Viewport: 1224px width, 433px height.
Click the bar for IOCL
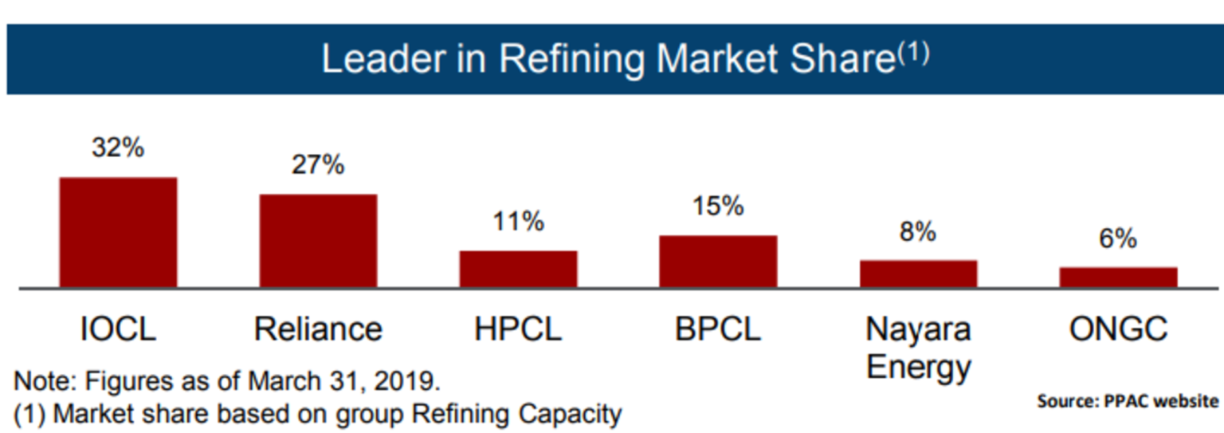pyautogui.click(x=118, y=232)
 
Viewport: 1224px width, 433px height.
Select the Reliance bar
pyautogui.click(x=318, y=240)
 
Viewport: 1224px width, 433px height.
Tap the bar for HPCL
pyautogui.click(x=518, y=269)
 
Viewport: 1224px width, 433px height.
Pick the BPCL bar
pyautogui.click(x=718, y=261)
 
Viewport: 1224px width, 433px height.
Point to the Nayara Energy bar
pyautogui.click(x=918, y=274)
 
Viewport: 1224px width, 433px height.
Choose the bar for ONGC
pyautogui.click(x=1118, y=277)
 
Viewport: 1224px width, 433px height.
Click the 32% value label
pyautogui.click(x=118, y=148)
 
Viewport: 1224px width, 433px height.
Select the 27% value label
pyautogui.click(x=318, y=165)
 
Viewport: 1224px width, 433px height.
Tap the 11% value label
pyautogui.click(x=518, y=221)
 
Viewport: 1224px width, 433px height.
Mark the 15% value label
pyautogui.click(x=718, y=206)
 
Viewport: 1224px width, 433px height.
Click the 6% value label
pyautogui.click(x=1118, y=238)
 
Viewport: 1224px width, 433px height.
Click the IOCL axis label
pyautogui.click(x=118, y=329)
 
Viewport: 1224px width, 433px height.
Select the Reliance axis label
pyautogui.click(x=318, y=329)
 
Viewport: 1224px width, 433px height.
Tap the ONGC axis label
pyautogui.click(x=1118, y=329)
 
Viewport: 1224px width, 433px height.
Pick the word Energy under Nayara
pyautogui.click(x=918, y=368)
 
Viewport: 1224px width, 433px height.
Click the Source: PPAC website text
pyautogui.click(x=1128, y=401)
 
